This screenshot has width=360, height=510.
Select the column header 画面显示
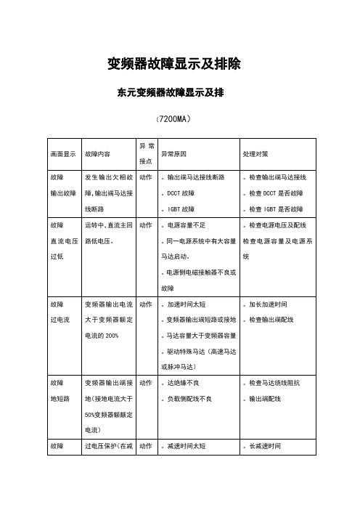point(63,154)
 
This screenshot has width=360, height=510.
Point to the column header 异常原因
point(174,154)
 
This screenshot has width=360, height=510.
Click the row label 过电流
point(60,319)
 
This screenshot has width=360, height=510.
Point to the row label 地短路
point(60,398)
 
